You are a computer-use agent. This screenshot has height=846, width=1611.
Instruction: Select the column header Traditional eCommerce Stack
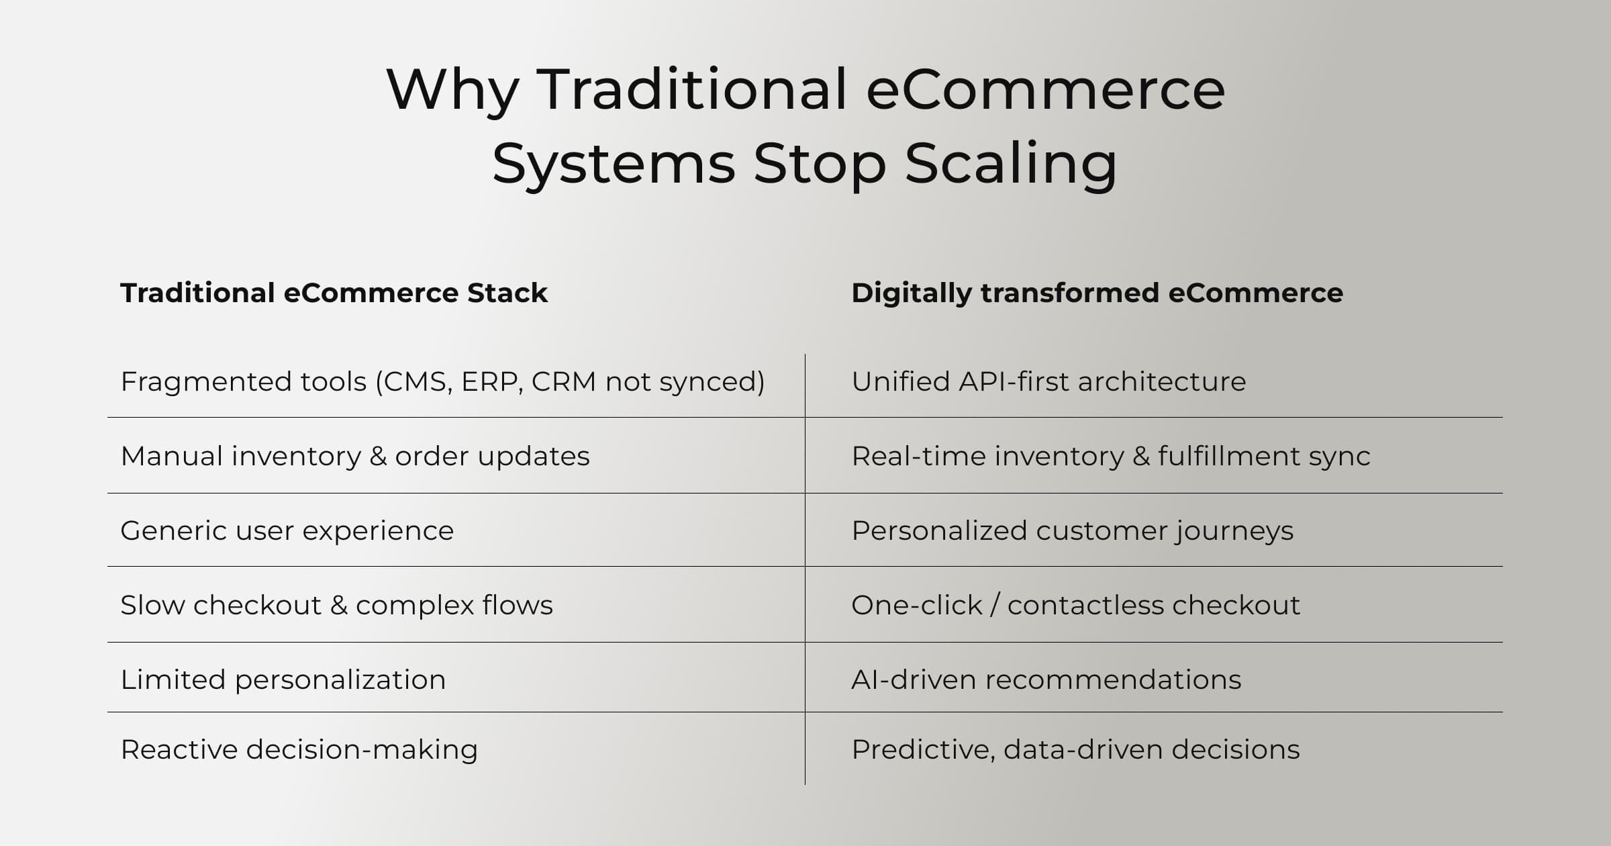tap(334, 293)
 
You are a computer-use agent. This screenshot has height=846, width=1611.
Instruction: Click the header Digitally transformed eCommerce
tap(1097, 293)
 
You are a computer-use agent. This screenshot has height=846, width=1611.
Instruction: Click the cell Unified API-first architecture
tap(1048, 382)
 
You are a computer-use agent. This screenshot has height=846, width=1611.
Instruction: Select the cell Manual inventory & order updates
tap(355, 457)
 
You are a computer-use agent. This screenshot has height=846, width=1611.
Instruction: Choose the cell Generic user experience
tap(287, 531)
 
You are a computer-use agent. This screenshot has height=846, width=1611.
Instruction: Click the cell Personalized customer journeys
tap(1072, 531)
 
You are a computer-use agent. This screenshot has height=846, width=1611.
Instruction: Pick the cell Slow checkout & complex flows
tap(336, 606)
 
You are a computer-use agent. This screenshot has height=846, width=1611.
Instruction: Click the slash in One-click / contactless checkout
tap(995, 606)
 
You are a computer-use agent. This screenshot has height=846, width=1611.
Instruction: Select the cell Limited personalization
tap(283, 680)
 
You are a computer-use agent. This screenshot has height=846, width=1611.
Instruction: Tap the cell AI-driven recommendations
tap(1046, 680)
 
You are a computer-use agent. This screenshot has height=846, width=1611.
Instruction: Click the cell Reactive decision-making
tap(299, 750)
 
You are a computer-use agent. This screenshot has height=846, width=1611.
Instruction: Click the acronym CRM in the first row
tap(563, 382)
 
